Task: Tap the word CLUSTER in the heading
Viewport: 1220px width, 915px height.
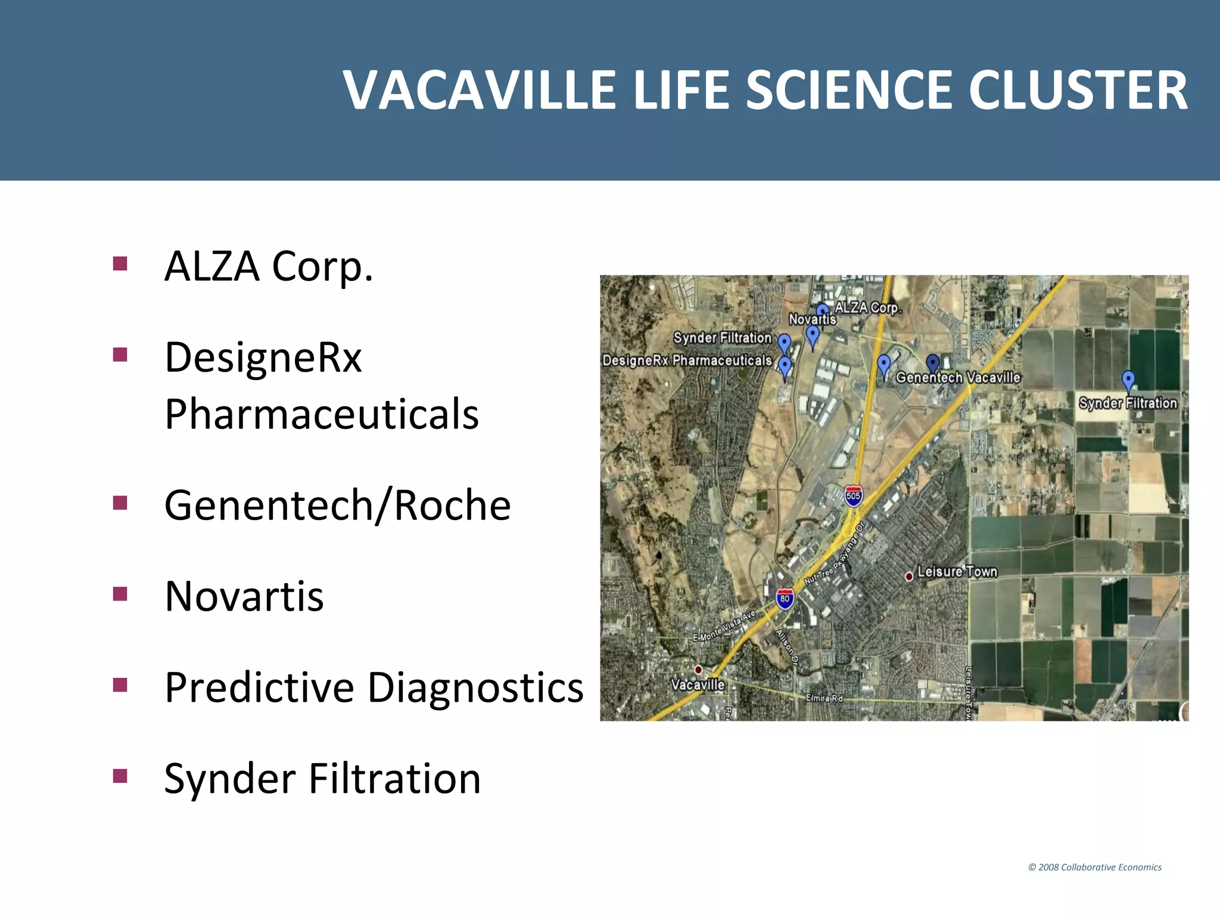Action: [1078, 91]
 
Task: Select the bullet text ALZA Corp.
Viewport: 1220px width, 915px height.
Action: [269, 266]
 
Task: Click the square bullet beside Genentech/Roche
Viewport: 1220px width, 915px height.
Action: [120, 503]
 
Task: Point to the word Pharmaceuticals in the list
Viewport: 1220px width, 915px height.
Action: [322, 413]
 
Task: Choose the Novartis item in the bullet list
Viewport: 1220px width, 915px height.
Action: [244, 596]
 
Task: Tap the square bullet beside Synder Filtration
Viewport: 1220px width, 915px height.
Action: [120, 776]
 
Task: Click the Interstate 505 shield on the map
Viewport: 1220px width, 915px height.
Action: [853, 496]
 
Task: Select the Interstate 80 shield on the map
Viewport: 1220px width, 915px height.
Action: [785, 599]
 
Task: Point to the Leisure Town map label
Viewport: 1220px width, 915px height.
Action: [957, 572]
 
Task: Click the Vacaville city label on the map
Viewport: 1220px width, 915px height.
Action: [698, 684]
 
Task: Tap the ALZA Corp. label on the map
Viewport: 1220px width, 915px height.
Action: [868, 307]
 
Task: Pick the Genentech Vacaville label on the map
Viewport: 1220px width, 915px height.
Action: [958, 378]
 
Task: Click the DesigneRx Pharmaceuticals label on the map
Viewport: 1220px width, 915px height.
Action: [687, 360]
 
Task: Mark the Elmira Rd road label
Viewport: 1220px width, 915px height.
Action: [824, 698]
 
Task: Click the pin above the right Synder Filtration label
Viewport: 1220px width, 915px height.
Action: [1128, 379]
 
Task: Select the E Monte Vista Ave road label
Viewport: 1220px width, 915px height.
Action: [724, 626]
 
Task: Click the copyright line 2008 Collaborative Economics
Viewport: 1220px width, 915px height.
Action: [1095, 867]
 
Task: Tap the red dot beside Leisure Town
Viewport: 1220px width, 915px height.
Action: [909, 577]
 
